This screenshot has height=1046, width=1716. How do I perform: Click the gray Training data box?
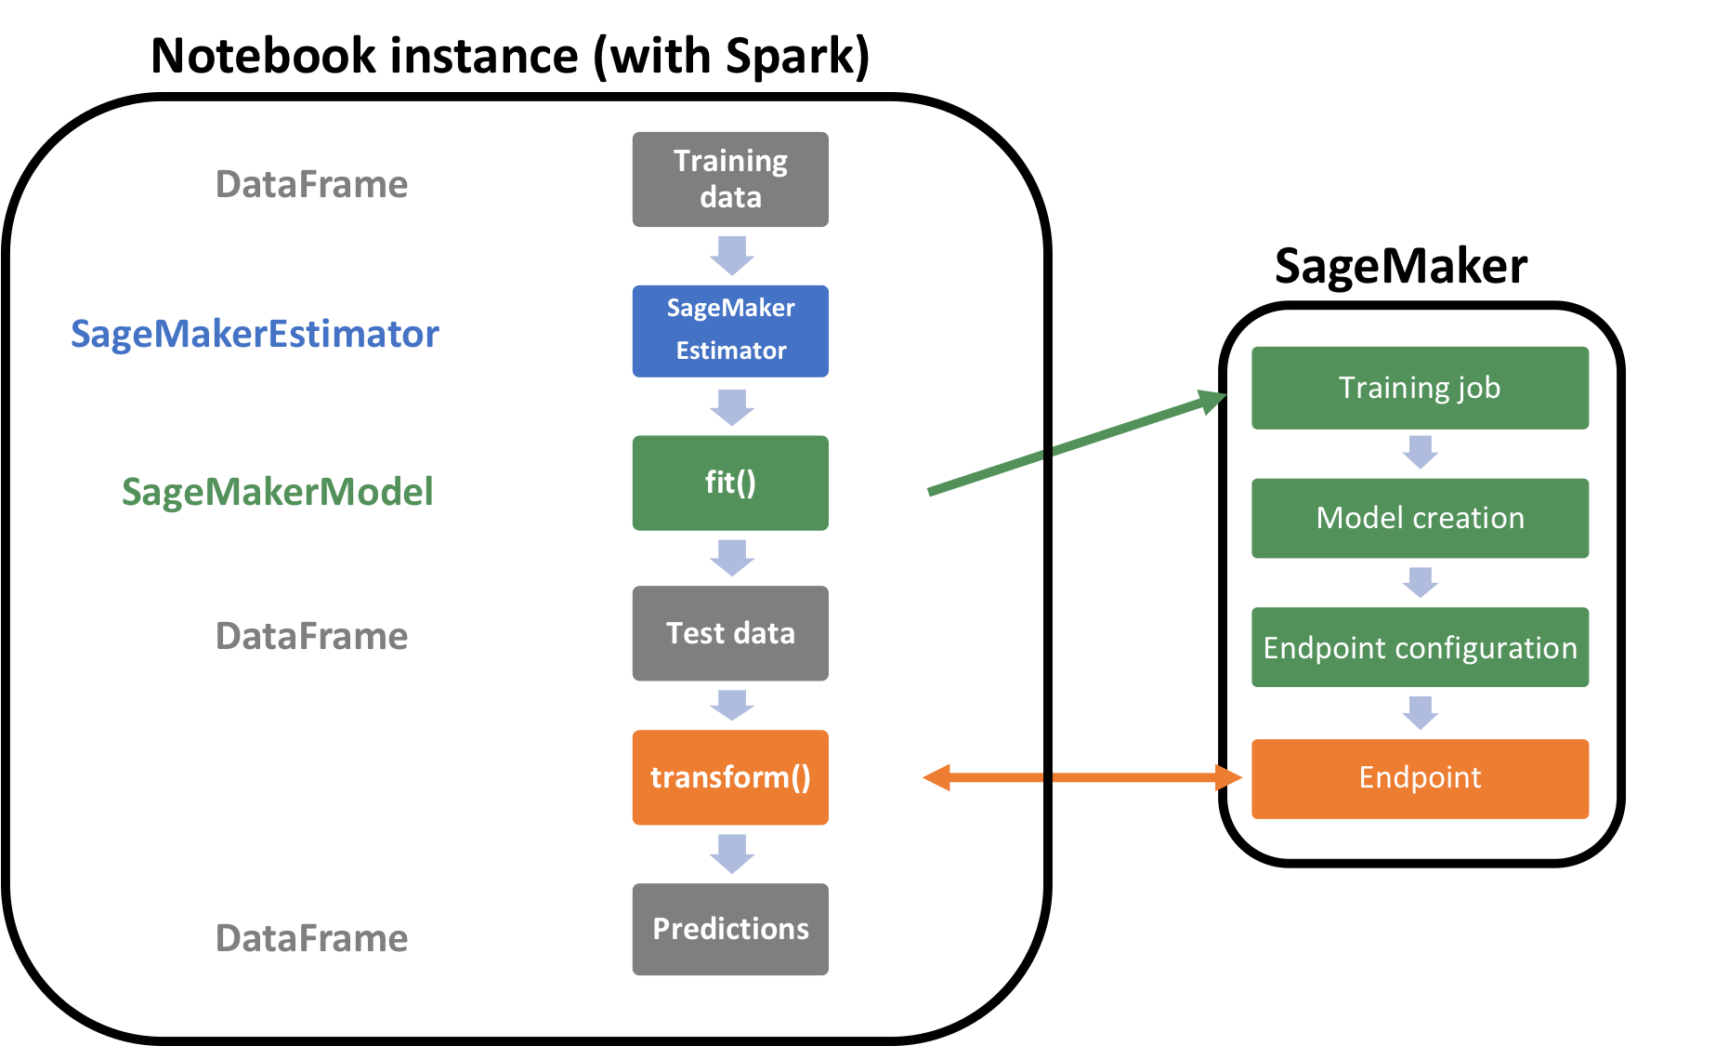pyautogui.click(x=730, y=179)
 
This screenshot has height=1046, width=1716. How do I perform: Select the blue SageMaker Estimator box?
pyautogui.click(x=730, y=331)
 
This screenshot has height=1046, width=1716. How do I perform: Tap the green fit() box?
pyautogui.click(x=730, y=483)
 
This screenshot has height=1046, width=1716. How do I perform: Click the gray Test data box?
pyautogui.click(x=730, y=633)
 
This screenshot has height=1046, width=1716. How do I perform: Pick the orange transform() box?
pyautogui.click(x=730, y=777)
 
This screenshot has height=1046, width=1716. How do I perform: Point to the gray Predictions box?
pyautogui.click(x=730, y=929)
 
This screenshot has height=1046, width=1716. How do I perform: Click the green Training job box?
pyautogui.click(x=1420, y=388)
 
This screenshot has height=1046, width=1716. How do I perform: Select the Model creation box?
pyautogui.click(x=1420, y=518)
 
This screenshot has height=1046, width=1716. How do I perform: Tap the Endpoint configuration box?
pyautogui.click(x=1420, y=647)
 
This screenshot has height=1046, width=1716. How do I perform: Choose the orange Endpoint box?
pyautogui.click(x=1420, y=778)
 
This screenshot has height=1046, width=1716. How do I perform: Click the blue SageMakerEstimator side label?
pyautogui.click(x=255, y=334)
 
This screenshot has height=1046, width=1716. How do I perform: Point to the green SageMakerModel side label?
pyautogui.click(x=277, y=492)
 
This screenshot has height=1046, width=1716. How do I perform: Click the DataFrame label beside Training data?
pyautogui.click(x=311, y=184)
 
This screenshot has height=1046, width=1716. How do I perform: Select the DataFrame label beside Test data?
pyautogui.click(x=311, y=636)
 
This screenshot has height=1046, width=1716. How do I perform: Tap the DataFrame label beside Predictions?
pyautogui.click(x=311, y=938)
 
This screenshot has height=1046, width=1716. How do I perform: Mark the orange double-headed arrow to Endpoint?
pyautogui.click(x=1082, y=777)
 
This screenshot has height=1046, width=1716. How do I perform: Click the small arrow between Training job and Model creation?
pyautogui.click(x=1421, y=452)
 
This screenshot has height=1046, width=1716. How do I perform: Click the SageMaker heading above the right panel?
pyautogui.click(x=1401, y=266)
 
